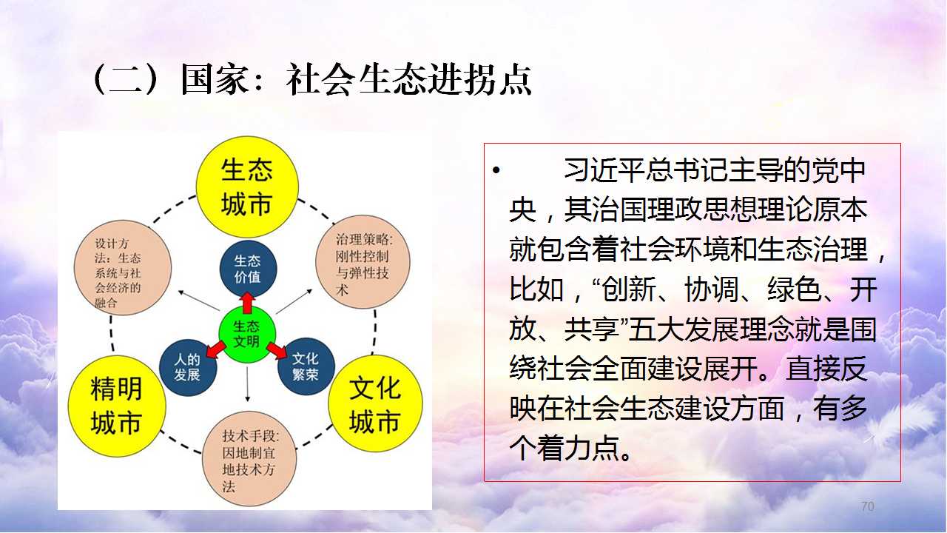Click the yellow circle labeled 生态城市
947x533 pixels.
pos(247,187)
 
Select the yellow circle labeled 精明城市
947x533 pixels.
pos(117,406)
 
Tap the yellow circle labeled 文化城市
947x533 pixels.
pos(375,403)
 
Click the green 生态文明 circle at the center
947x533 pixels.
pos(247,334)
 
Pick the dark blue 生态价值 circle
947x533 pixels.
pos(248,269)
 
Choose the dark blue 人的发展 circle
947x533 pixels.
pos(188,368)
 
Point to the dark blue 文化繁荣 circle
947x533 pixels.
pos(306,366)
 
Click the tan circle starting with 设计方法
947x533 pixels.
pos(123,267)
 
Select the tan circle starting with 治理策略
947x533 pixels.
pos(363,262)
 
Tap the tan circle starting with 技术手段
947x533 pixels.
pos(249,458)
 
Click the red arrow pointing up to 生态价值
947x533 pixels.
pos(247,302)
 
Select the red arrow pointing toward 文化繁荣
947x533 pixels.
pos(277,350)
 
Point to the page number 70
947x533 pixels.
pos(868,506)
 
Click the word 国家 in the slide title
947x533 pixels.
pos(215,79)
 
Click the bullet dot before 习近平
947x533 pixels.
pos(496,171)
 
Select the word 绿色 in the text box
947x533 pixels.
pos(795,289)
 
